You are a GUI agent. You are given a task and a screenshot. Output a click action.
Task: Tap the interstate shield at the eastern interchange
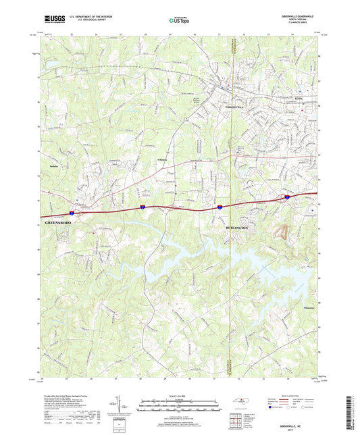[287, 197]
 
